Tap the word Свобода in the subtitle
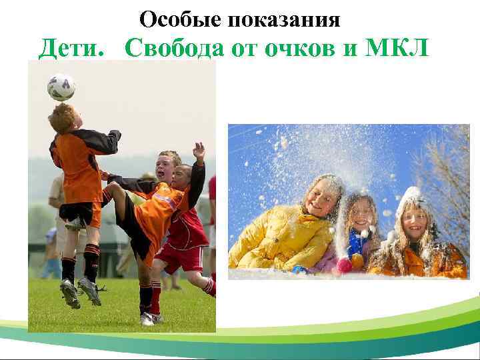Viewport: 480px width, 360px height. [x=170, y=48]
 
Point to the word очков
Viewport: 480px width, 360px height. [x=293, y=48]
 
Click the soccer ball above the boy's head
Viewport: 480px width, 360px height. [x=61, y=87]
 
